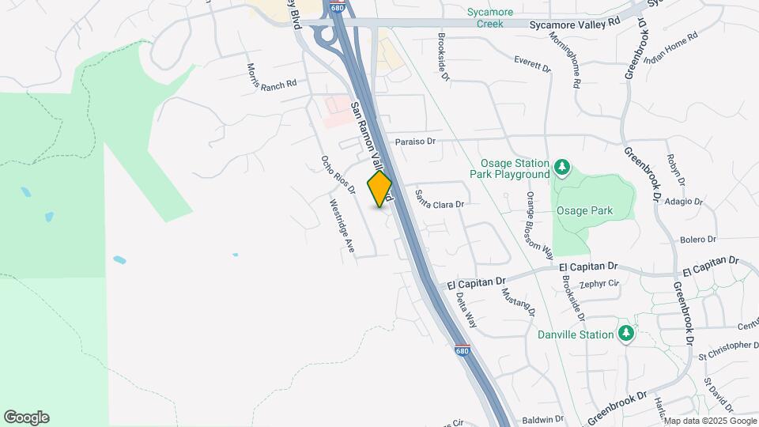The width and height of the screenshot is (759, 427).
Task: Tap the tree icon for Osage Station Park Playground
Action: [562, 167]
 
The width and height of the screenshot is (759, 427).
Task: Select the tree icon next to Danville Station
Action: [626, 334]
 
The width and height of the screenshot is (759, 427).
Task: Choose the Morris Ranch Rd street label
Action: [271, 76]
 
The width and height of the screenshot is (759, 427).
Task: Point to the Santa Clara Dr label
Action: [439, 203]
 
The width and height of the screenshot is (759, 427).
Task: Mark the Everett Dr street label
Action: [532, 64]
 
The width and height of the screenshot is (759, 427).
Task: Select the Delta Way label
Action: [466, 310]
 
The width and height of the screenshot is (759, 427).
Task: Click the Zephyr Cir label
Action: [598, 284]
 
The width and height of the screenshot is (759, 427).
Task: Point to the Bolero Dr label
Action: [697, 239]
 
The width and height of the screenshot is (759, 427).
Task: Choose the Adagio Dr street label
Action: [683, 201]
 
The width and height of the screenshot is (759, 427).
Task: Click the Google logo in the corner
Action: [26, 418]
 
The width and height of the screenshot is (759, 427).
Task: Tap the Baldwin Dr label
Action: [542, 419]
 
